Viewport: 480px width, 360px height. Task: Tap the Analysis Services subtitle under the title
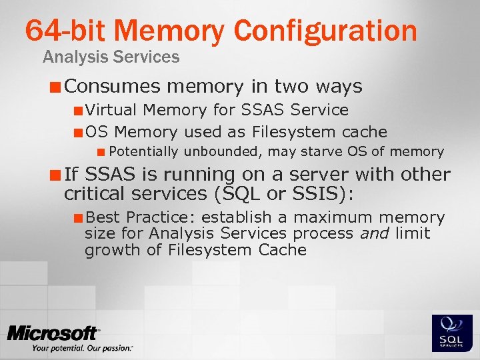[x=111, y=57]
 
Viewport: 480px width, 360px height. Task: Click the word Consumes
[x=113, y=87]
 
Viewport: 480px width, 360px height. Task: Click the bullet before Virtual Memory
[x=79, y=110]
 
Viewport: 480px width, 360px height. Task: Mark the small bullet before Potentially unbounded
[x=101, y=152]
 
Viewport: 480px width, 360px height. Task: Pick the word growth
[x=107, y=251]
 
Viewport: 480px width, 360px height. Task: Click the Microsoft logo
[x=54, y=334]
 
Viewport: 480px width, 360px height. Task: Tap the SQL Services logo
[x=453, y=332]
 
